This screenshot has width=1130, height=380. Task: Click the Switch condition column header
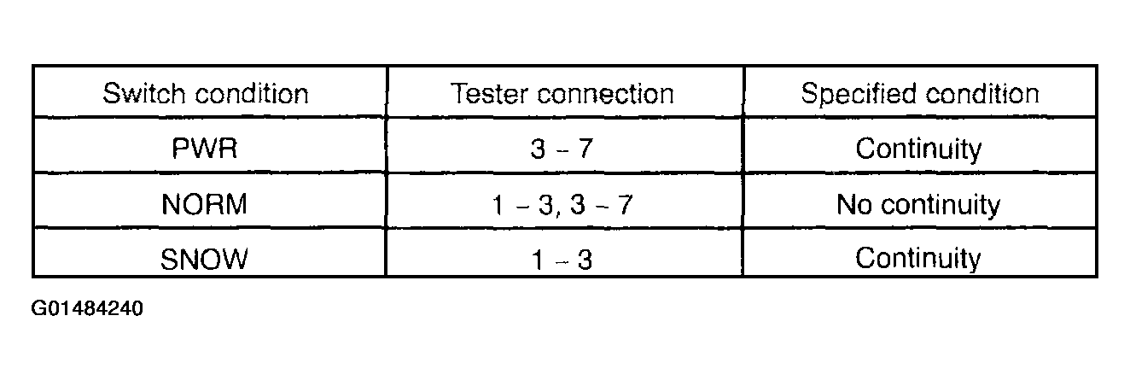pos(206,93)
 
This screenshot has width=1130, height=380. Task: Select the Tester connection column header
pos(562,93)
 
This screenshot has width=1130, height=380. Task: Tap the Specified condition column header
pos(919,93)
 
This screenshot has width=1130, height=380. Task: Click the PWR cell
pos(205,149)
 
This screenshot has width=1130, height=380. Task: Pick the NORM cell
pos(205,205)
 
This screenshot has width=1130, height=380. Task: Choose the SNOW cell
pos(205,258)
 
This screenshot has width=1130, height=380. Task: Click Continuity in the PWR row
pos(918,149)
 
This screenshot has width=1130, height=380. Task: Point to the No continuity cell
pos(918,205)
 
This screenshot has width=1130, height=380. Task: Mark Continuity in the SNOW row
pos(918,258)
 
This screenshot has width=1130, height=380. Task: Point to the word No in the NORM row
pos(853,205)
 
